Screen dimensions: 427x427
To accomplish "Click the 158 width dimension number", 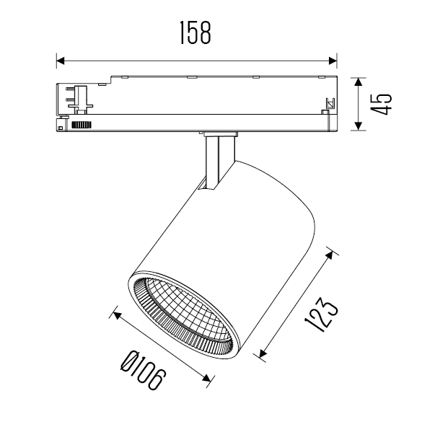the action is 195,32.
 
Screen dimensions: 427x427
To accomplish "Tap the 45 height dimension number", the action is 381,105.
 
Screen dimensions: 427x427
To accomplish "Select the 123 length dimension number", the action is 322,314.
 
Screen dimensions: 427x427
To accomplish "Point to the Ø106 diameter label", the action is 143,370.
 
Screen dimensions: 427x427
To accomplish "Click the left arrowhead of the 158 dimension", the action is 61,61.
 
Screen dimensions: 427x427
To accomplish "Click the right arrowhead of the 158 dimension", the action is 333,61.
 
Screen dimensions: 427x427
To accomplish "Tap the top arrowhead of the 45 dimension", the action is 358,82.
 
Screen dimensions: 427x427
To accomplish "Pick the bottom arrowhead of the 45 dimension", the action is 358,126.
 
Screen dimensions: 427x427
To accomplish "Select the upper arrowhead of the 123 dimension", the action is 330,255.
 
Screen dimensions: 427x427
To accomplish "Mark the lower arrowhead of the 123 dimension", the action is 263,353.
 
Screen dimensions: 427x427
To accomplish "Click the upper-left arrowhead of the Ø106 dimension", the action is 117,316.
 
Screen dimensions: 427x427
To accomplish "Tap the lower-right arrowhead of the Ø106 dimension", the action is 207,378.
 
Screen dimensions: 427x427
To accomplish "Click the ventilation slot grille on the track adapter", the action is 82,125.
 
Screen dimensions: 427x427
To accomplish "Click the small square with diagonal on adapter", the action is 330,104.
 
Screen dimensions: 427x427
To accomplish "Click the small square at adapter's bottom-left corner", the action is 61,128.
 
